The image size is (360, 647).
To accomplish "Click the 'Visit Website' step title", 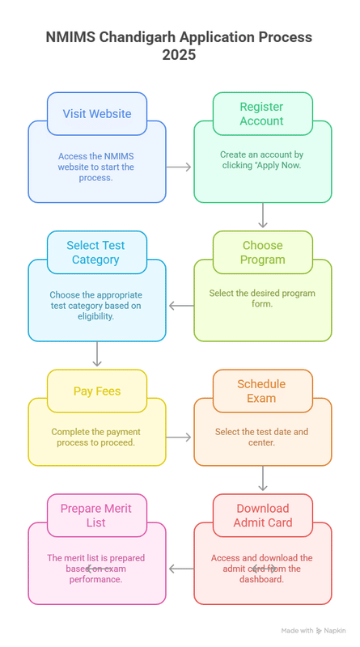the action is [97, 114].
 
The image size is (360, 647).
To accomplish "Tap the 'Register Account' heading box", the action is [263, 114].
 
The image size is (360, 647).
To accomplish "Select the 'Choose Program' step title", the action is [263, 252].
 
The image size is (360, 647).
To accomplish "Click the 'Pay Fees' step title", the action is [97, 391].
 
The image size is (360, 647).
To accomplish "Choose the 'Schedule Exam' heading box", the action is [263, 391].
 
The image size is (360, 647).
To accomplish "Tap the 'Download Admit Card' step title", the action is [263, 515].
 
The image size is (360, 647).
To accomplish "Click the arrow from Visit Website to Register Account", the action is [179, 167].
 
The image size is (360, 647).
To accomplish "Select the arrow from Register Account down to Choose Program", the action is [263, 215].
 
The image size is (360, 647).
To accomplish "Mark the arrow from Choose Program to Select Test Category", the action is [181, 306].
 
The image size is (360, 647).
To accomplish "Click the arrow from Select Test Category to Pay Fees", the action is [97, 354].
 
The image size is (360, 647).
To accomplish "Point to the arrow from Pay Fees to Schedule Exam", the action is [179, 437].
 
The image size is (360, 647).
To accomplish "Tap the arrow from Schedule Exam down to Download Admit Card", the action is [263, 479].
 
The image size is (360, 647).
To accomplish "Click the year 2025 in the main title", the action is [179, 54].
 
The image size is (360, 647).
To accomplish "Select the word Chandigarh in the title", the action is [135, 37].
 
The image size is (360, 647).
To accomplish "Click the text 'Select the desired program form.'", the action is [262, 298].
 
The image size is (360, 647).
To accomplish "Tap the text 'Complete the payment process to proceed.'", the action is [96, 437].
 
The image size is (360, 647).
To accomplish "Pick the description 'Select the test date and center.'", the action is [262, 437].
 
